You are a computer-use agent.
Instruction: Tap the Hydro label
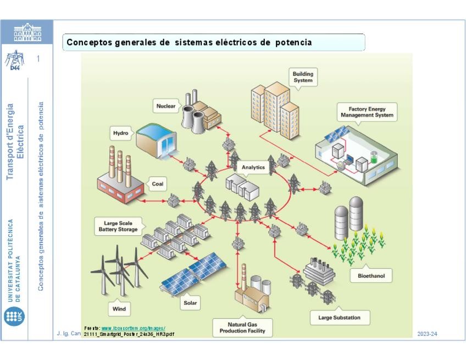click(120, 133)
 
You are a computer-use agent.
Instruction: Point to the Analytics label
click(253, 167)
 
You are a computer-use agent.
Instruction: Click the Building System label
click(302, 77)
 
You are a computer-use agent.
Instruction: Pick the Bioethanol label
click(371, 276)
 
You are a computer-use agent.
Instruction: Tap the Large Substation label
click(339, 317)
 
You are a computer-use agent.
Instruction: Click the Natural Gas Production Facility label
click(246, 328)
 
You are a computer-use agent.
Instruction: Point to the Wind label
click(119, 309)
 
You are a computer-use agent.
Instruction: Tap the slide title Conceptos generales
click(189, 42)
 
